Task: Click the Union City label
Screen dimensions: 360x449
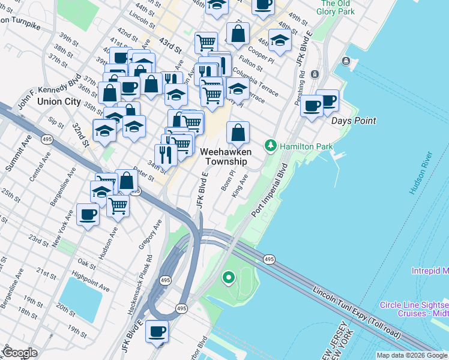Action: (59, 101)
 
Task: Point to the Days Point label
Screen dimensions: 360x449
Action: (354, 121)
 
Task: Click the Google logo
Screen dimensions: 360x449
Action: (20, 353)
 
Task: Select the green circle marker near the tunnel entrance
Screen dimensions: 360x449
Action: (228, 277)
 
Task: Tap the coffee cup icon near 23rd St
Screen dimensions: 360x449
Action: (88, 214)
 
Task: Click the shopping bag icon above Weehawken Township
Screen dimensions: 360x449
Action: (238, 131)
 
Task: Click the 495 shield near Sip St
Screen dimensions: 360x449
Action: (46, 139)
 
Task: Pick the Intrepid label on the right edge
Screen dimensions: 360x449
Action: (430, 271)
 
